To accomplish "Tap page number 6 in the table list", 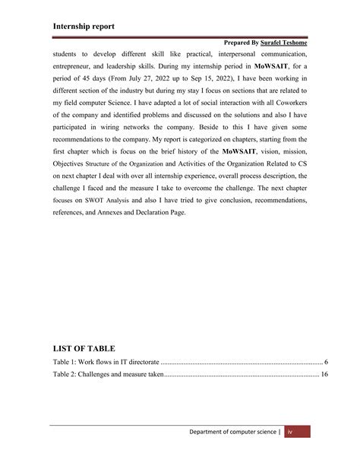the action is (326, 361).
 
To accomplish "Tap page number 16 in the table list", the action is (324, 375).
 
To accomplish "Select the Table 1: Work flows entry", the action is (102, 361).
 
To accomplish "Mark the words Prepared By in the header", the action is (238, 46).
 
